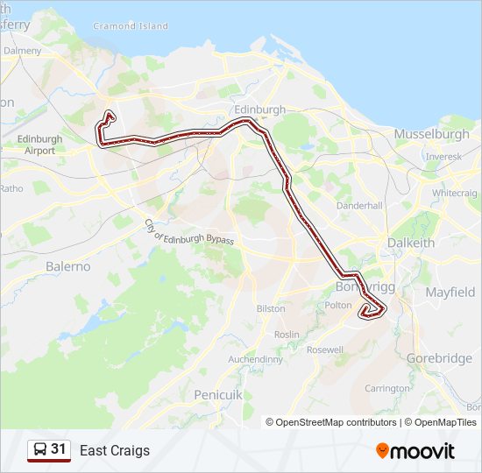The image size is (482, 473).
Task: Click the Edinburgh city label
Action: [x=260, y=109]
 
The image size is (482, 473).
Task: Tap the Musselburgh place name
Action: [x=432, y=134]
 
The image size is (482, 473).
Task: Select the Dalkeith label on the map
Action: [x=411, y=243]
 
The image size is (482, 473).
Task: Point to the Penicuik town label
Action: [x=216, y=395]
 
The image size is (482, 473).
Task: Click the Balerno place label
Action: [x=68, y=265]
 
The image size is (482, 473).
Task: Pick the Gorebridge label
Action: [x=439, y=358]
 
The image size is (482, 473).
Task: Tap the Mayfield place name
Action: [x=450, y=292]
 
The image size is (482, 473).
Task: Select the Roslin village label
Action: [x=287, y=335]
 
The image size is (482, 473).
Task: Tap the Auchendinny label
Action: [x=255, y=359]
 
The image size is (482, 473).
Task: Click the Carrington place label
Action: [x=386, y=387]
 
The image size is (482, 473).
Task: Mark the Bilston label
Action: [x=271, y=308]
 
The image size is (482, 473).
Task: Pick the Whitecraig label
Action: [x=453, y=193]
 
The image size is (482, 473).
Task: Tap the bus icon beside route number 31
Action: [x=40, y=450]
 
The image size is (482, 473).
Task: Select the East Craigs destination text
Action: [x=115, y=451]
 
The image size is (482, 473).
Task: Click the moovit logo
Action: [x=415, y=451]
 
